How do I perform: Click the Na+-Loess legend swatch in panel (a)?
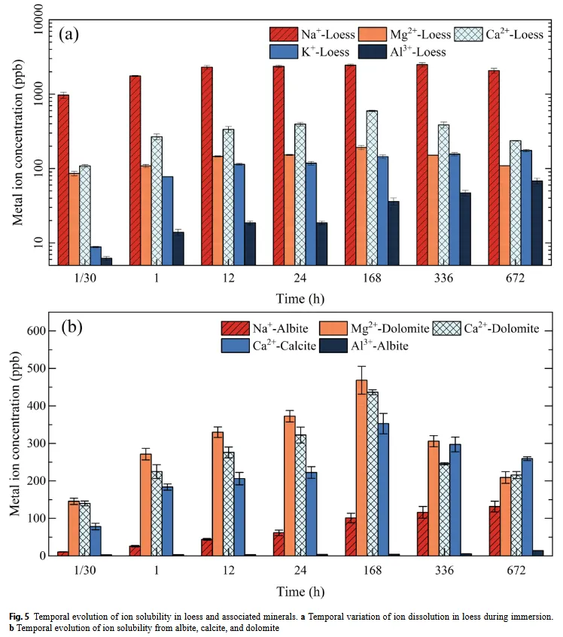click(x=287, y=35)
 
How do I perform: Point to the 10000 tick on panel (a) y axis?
click(x=35, y=21)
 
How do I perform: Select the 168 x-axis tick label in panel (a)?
click(x=371, y=279)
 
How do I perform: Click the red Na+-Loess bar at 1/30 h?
click(x=63, y=180)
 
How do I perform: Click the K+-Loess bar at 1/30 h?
click(x=96, y=256)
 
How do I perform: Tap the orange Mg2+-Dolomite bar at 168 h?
click(x=361, y=468)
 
